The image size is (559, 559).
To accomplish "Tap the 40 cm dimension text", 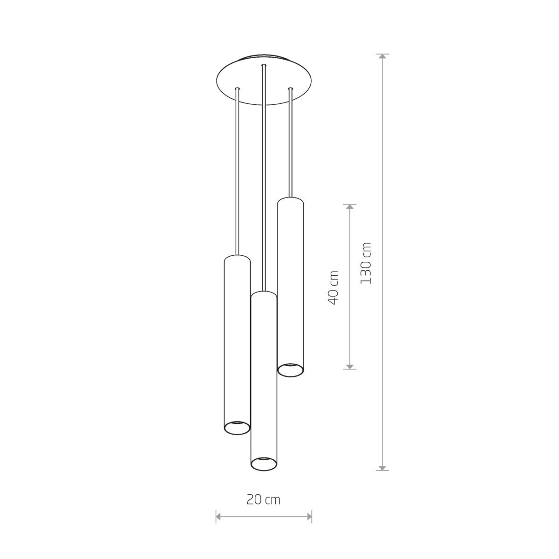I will (x=333, y=287).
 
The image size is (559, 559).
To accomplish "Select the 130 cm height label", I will (x=366, y=263).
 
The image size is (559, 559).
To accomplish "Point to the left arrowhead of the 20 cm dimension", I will (x=219, y=517).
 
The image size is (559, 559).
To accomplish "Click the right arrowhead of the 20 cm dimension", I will (x=309, y=517).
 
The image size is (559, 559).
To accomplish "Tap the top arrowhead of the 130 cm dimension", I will (x=382, y=57).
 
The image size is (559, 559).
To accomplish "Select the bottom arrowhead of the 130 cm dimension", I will (x=382, y=467).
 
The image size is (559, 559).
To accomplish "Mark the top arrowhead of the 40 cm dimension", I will (x=350, y=207).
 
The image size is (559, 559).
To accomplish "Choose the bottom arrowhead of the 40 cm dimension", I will (x=350, y=366).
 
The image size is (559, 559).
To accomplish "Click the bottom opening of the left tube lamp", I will (x=237, y=427).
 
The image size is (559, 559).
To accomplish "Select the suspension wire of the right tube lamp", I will (x=291, y=144).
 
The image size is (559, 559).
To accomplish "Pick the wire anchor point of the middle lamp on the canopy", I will (x=264, y=65).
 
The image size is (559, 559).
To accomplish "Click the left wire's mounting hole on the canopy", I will (x=238, y=88).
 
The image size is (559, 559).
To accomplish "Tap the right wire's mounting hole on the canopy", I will (x=291, y=88).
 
